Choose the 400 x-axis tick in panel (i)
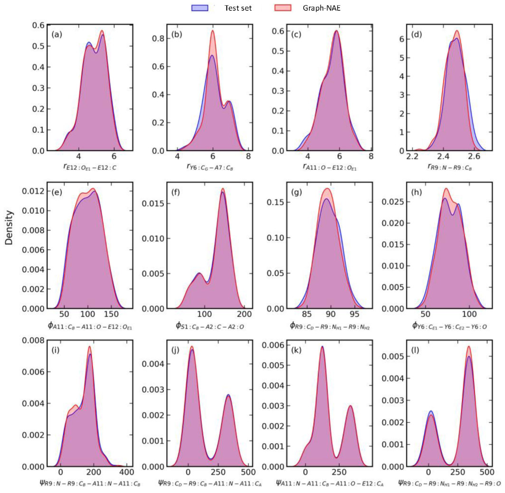[x=126, y=474]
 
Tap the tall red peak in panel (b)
[x=213, y=31]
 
